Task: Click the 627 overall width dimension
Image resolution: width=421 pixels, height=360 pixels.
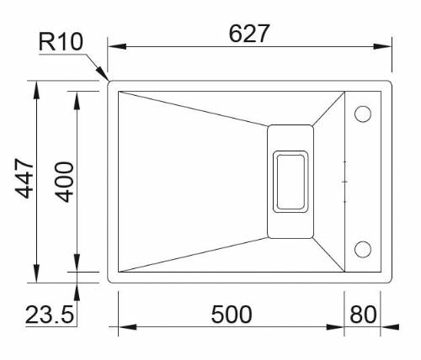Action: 249,33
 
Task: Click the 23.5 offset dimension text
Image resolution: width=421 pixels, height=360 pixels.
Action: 50,315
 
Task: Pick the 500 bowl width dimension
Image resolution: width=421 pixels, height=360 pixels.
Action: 231,315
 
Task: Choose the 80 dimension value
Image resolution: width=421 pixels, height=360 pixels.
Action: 362,315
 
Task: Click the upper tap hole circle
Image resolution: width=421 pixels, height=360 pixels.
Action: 364,113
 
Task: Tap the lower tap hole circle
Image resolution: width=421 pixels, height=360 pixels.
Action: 364,248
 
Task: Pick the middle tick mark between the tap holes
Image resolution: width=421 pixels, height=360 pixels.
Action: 345,180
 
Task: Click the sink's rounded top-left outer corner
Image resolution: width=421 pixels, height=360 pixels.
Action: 111,84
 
